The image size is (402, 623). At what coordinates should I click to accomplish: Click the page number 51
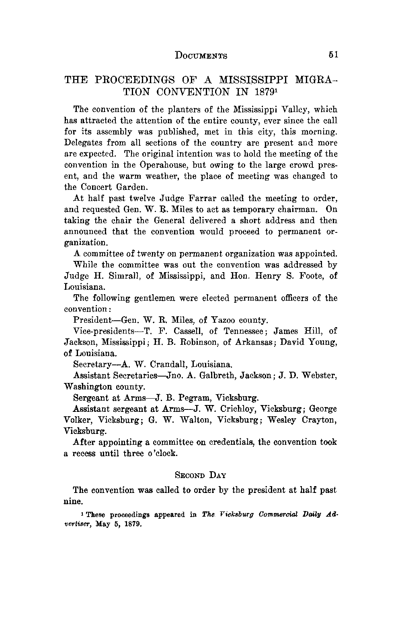click(x=333, y=55)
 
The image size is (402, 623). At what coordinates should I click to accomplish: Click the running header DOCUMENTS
click(x=201, y=55)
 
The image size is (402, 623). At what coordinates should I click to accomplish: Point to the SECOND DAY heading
click(x=201, y=476)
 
